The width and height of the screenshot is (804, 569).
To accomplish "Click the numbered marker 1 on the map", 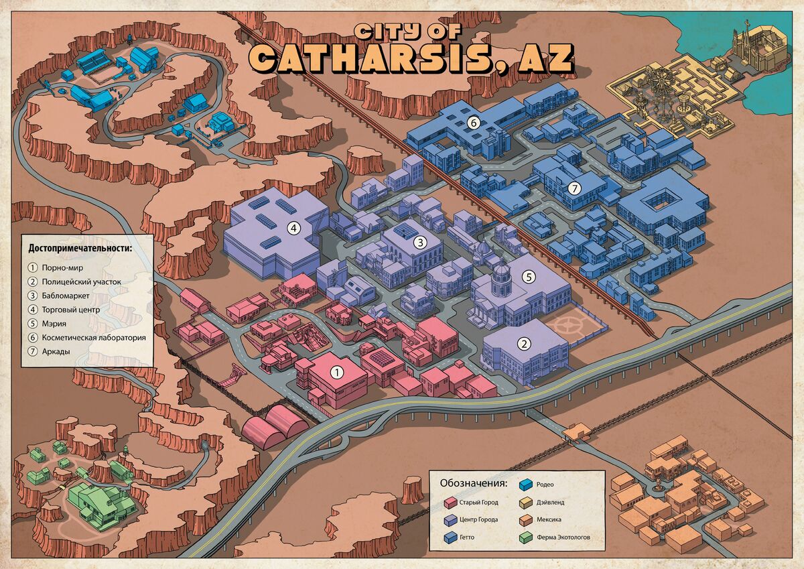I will (x=338, y=370).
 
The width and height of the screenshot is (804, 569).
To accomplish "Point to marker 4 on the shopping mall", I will (x=293, y=228).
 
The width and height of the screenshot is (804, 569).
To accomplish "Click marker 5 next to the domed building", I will (x=528, y=276).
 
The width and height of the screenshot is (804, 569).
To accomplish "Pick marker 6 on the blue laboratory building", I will (x=473, y=123).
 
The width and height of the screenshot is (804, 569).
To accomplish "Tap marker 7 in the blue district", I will (x=574, y=188).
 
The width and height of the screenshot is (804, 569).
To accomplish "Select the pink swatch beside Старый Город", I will (x=448, y=502).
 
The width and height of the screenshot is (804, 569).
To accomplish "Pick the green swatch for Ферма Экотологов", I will (x=525, y=537).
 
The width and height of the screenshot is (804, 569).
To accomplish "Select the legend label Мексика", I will (x=549, y=519).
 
